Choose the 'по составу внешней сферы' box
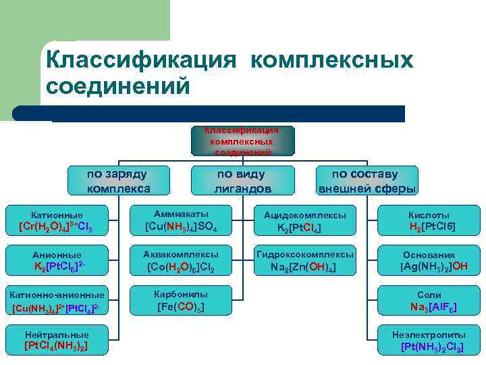[367, 180]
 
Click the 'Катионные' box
[57, 220]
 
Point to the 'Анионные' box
[57, 261]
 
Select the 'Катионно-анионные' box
[57, 301]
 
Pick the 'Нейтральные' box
[57, 341]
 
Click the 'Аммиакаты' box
[181, 219]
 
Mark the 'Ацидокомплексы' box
[304, 221]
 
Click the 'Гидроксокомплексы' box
[304, 261]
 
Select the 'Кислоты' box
[429, 221]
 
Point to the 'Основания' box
[429, 261]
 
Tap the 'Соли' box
[429, 301]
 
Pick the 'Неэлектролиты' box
[429, 341]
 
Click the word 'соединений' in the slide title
[115, 87]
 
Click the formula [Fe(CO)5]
[181, 307]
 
